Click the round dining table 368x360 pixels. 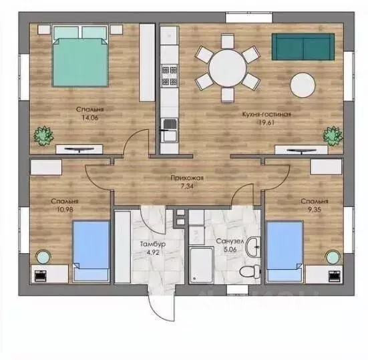click(x=228, y=68)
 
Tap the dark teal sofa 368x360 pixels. click(x=303, y=47)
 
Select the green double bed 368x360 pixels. click(x=80, y=56)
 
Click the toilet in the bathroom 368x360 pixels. click(x=250, y=272)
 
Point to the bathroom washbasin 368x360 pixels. click(x=253, y=247)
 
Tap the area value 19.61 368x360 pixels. click(x=266, y=122)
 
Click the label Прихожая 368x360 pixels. click(x=187, y=178)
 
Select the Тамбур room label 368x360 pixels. click(x=153, y=244)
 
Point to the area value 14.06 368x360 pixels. click(x=90, y=118)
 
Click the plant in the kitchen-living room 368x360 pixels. click(x=333, y=136)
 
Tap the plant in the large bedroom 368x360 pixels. click(x=43, y=136)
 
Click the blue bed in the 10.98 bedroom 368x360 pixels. click(x=91, y=250)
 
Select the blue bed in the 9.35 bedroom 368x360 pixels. click(x=285, y=251)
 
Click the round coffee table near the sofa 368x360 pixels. click(x=303, y=85)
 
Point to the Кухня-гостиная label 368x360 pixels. click(x=266, y=114)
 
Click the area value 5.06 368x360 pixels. click(x=230, y=249)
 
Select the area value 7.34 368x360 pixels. click(x=187, y=186)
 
